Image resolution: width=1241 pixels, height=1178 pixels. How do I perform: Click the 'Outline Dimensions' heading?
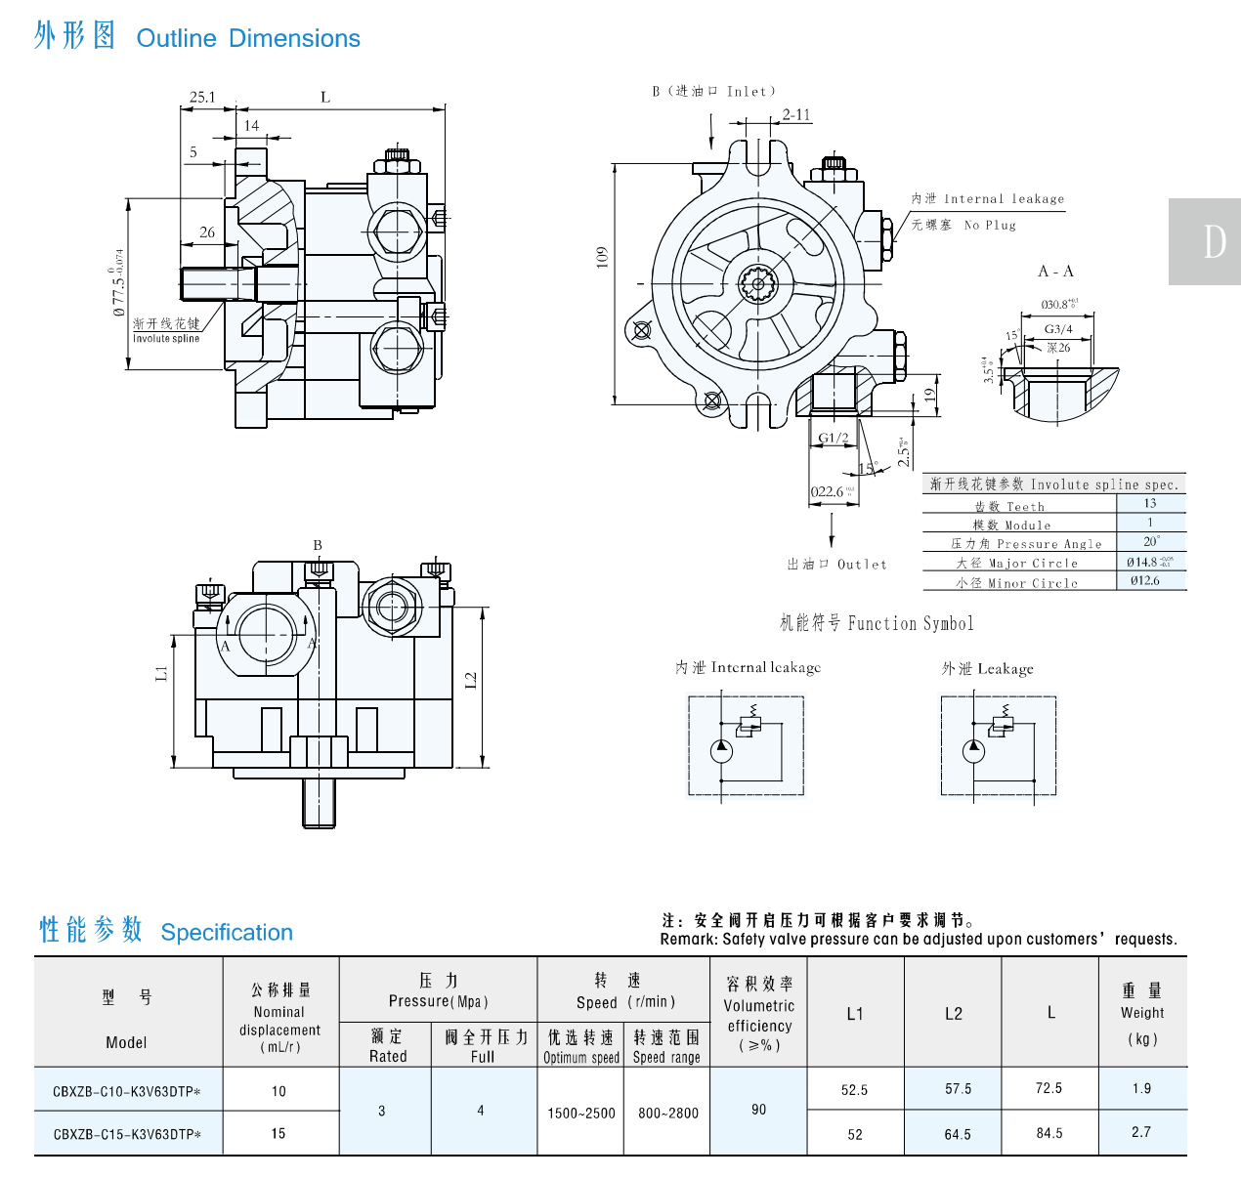(x=248, y=38)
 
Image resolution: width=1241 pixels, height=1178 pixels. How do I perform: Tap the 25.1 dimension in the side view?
(x=202, y=97)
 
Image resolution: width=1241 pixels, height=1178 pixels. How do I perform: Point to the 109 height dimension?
(x=602, y=257)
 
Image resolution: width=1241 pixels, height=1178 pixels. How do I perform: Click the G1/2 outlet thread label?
(x=834, y=438)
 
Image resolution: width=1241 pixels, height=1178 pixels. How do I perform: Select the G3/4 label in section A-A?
(x=1058, y=329)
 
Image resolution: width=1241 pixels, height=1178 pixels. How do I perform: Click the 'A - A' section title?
(x=1055, y=272)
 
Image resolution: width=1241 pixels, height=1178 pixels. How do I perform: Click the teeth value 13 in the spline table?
(x=1150, y=504)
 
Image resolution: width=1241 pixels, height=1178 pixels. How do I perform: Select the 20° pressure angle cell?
(x=1151, y=541)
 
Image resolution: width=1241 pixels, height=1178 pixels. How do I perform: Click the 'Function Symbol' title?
(x=877, y=623)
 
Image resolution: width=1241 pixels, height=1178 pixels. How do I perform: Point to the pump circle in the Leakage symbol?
(x=973, y=751)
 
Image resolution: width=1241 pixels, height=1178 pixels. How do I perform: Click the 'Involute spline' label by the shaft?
(x=166, y=339)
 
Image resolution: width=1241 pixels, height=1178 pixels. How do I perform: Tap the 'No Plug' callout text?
(x=990, y=225)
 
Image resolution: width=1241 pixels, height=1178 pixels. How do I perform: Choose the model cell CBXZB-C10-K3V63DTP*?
(x=127, y=1091)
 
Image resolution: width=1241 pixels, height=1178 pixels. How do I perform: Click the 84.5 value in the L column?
(x=1049, y=1133)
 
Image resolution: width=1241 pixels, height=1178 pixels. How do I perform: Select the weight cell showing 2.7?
(x=1141, y=1132)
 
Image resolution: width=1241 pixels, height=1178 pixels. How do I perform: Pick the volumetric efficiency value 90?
(x=759, y=1110)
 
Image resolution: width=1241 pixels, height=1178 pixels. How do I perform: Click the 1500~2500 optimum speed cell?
(x=581, y=1113)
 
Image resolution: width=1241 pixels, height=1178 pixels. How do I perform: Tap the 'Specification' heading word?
(x=227, y=933)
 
